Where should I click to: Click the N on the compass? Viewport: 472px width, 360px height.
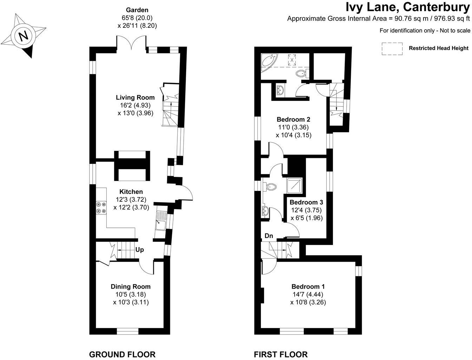coord(24,36)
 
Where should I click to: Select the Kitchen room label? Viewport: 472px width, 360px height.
coord(131,192)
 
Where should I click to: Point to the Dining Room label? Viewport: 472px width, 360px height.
coord(131,287)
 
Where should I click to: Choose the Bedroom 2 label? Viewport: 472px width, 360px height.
coord(294,119)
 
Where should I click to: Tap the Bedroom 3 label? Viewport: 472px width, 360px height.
coord(306,202)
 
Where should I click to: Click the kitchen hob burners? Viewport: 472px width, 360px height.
coord(101,207)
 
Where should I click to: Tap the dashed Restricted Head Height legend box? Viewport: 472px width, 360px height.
coord(392,49)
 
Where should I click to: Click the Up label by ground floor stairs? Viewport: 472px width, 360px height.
coord(139,250)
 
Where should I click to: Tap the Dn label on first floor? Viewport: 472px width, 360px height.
coord(269,236)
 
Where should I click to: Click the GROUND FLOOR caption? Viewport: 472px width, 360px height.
coord(122,354)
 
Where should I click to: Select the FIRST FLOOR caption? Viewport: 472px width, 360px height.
coord(281,354)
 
